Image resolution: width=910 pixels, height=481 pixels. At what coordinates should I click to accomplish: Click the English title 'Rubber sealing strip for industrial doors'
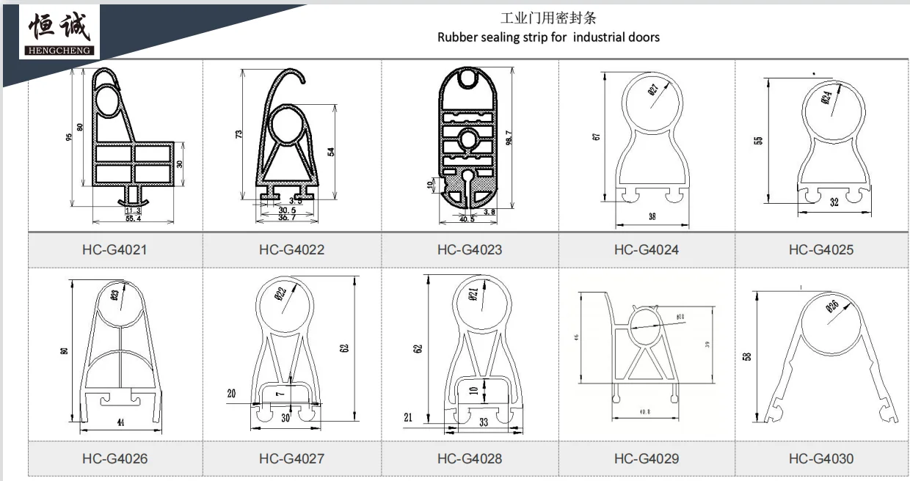[x=548, y=37]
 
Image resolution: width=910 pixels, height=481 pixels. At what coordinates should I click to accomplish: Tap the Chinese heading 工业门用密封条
[x=548, y=18]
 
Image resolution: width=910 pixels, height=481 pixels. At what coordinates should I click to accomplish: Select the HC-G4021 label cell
[x=114, y=249]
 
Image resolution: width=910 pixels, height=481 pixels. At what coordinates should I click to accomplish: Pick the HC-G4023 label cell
[x=470, y=249]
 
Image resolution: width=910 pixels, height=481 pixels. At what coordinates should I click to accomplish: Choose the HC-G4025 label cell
[x=821, y=249]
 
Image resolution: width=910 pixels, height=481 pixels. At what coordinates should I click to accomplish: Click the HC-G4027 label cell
[x=291, y=458]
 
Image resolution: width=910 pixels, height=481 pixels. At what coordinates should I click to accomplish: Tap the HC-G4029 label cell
[x=647, y=458]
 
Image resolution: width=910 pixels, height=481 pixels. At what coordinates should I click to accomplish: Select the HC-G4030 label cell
[x=821, y=458]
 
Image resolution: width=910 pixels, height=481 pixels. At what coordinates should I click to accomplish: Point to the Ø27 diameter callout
[x=653, y=90]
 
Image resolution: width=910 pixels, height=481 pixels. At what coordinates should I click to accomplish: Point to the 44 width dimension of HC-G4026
[x=120, y=422]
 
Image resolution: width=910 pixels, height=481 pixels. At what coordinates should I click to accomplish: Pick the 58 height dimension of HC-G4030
[x=747, y=356]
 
